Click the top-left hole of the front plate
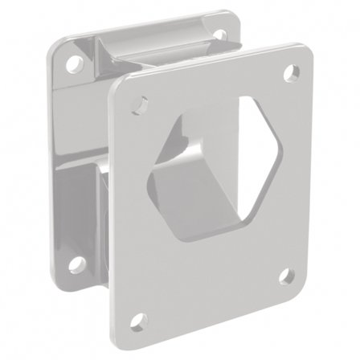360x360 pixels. pyautogui.click(x=140, y=104)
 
